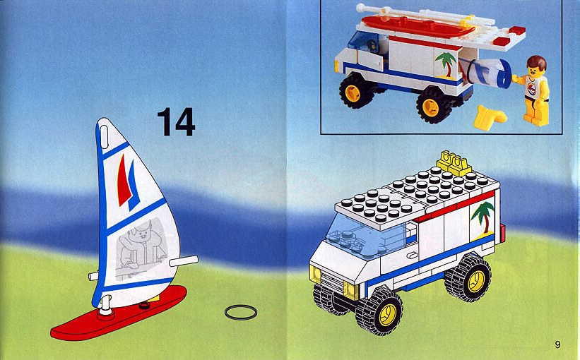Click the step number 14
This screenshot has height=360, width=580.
(x=176, y=122)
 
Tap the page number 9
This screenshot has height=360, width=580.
(x=557, y=344)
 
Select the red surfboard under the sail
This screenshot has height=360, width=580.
(x=119, y=314)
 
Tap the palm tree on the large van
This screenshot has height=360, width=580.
(x=483, y=218)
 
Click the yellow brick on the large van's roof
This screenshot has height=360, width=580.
(x=454, y=162)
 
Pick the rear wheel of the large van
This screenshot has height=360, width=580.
(x=468, y=278)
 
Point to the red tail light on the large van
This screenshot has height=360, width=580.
(x=502, y=233)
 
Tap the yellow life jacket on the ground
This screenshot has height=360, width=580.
(x=489, y=116)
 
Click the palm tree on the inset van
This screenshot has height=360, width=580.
(x=446, y=65)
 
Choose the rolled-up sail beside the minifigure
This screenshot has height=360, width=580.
(x=487, y=74)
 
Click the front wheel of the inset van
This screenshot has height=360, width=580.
(x=356, y=90)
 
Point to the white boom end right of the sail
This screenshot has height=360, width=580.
(x=184, y=261)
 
